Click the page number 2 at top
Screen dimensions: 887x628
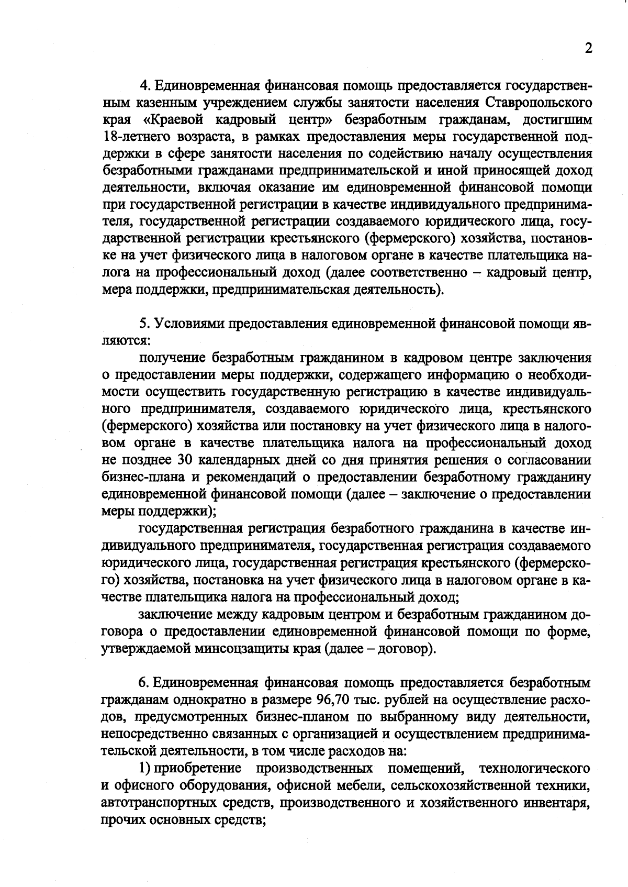tap(588, 49)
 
